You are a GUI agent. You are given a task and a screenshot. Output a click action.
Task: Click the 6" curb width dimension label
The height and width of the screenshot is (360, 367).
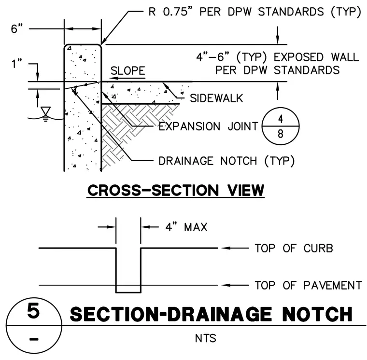click(x=16, y=28)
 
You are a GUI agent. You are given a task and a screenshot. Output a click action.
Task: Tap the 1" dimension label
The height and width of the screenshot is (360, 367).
click(x=16, y=63)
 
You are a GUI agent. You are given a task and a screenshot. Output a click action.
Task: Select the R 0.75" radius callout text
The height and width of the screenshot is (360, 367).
click(x=255, y=12)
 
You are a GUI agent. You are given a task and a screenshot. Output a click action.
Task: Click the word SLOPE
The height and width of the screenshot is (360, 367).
click(x=128, y=70)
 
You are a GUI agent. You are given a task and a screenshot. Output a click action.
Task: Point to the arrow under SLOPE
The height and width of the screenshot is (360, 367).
click(x=128, y=78)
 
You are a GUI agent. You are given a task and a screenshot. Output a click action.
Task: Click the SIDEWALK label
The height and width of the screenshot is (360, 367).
click(x=216, y=98)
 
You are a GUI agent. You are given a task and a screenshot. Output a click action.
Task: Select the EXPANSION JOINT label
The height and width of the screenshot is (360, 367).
click(x=208, y=126)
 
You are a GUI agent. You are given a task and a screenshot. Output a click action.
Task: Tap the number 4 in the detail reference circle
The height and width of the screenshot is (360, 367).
click(x=281, y=119)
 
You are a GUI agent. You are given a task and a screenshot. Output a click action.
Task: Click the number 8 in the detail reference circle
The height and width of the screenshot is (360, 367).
click(x=281, y=134)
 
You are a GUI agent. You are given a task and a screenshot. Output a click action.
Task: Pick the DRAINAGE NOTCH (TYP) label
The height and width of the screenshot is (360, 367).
click(x=226, y=161)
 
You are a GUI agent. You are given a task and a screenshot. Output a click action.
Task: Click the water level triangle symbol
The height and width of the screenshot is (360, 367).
click(x=45, y=111)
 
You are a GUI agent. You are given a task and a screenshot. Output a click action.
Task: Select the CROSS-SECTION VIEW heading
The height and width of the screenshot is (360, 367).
click(x=176, y=190)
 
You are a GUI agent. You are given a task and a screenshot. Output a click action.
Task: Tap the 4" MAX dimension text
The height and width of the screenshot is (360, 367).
click(x=186, y=227)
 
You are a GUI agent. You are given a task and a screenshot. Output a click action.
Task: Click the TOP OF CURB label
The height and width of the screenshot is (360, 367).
click(x=294, y=248)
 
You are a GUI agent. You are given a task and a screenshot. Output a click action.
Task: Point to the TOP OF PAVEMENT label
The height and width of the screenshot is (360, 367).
click(x=309, y=285)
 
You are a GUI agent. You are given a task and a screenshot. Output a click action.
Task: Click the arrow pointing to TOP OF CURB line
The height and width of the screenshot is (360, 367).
click(x=235, y=248)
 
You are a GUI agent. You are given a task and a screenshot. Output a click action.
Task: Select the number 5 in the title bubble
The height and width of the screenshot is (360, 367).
click(x=33, y=311)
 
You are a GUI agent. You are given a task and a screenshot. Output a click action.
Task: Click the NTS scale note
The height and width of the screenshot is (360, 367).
click(x=206, y=338)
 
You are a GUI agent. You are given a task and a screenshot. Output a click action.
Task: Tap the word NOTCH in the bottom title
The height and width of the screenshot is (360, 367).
click(x=318, y=314)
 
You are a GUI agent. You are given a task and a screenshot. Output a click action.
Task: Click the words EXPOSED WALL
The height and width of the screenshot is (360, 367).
click(x=316, y=57)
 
